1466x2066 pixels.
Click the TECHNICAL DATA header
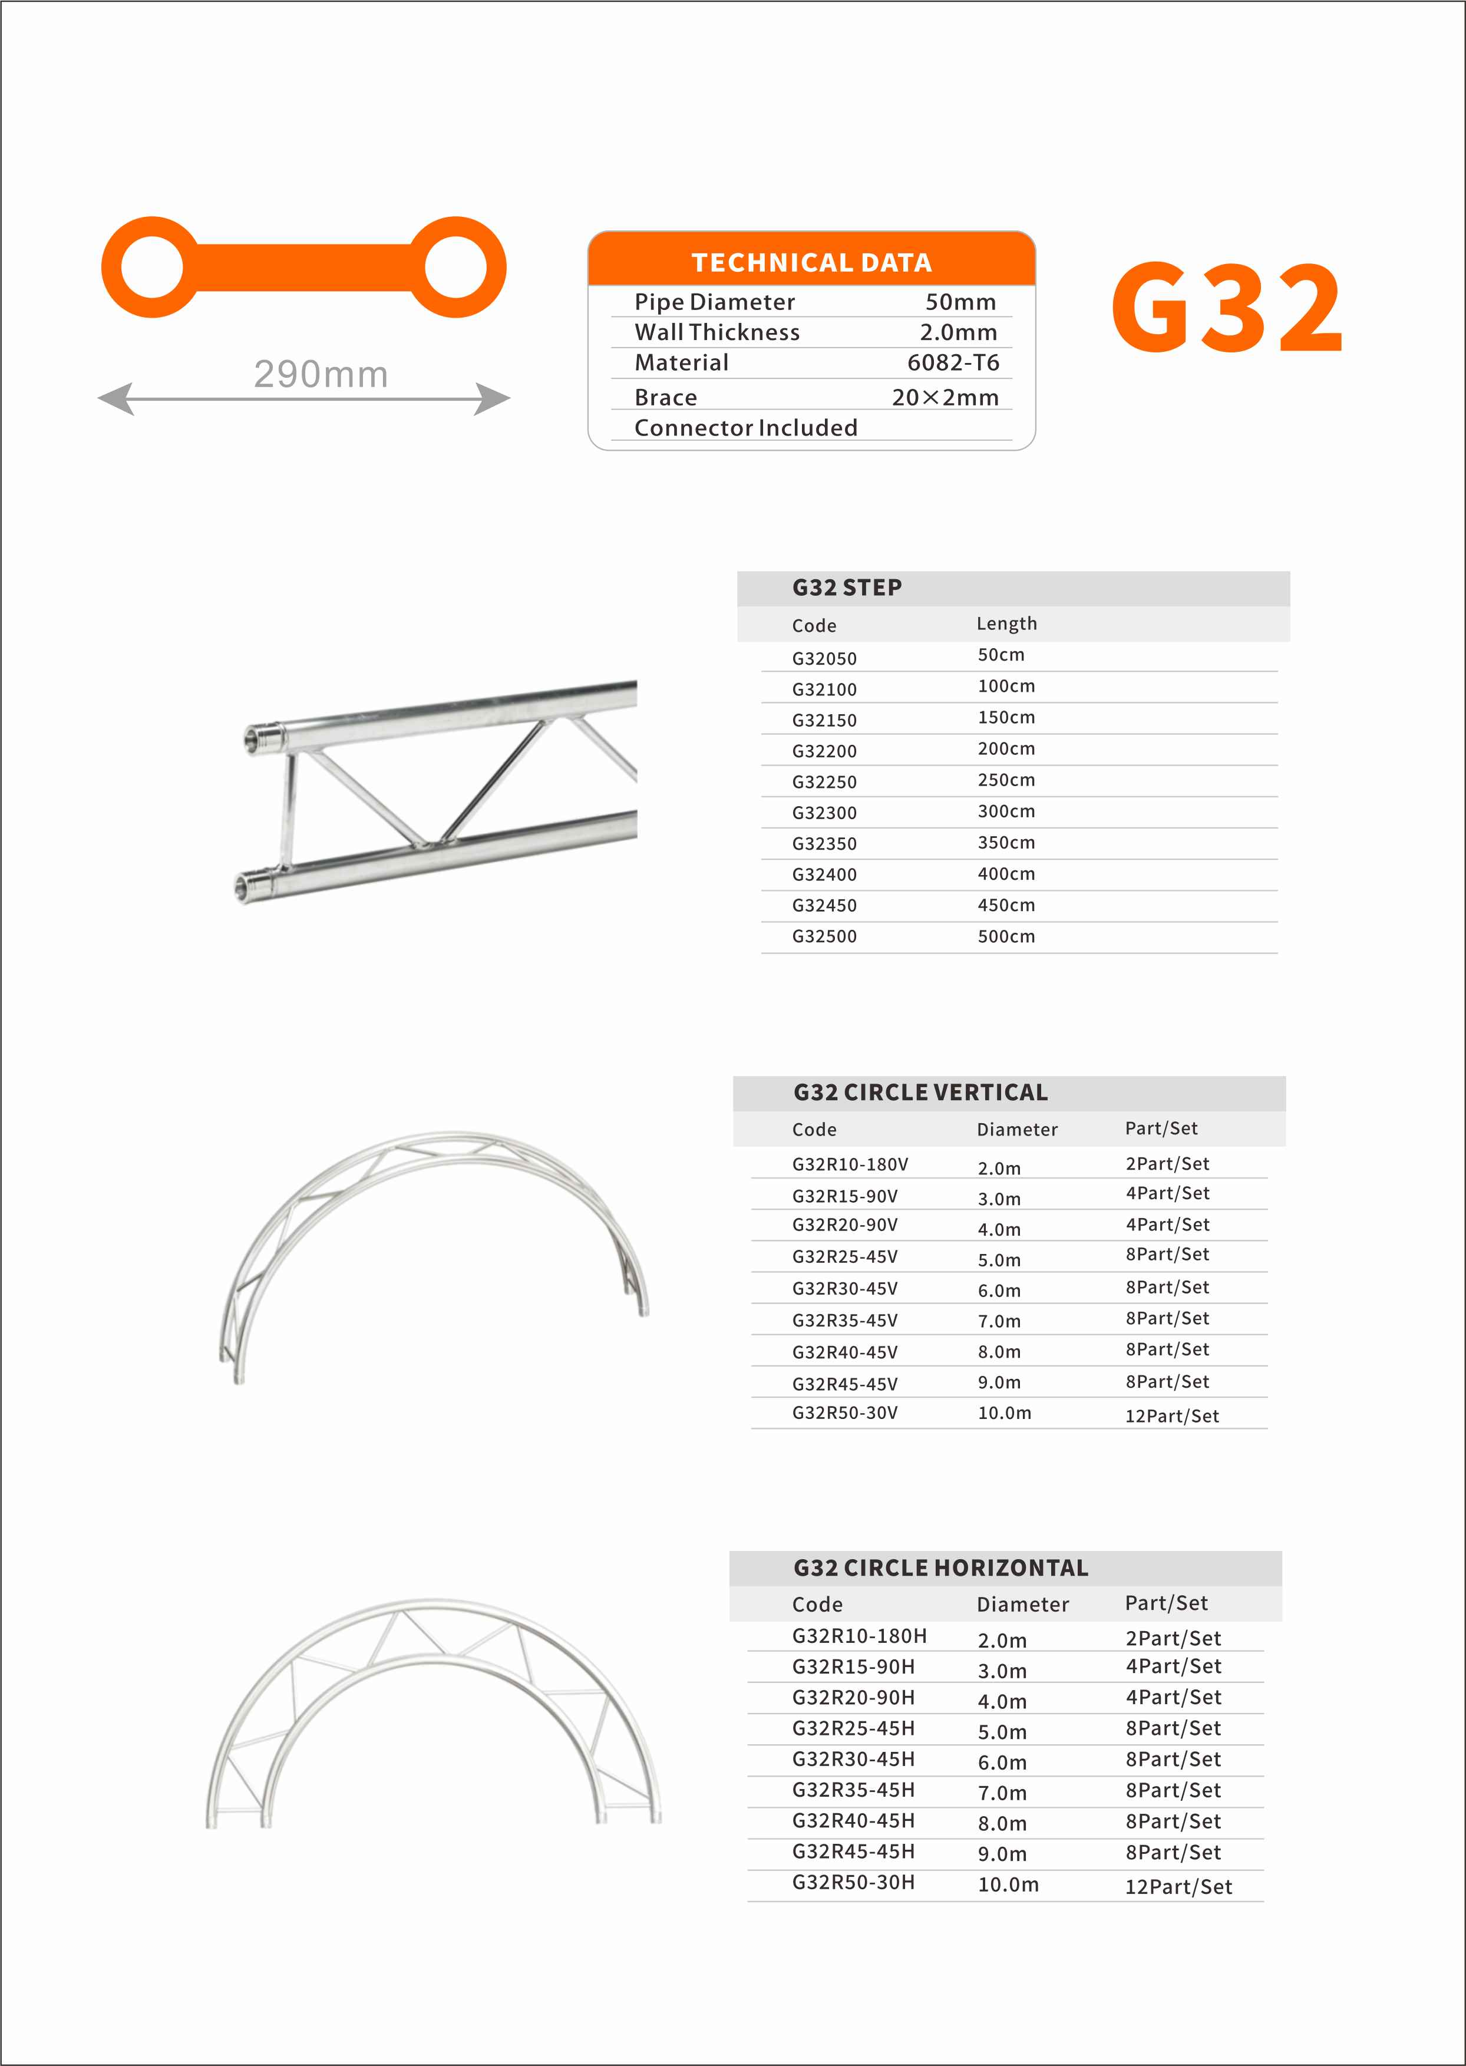(x=811, y=263)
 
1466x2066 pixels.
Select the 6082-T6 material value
(x=953, y=363)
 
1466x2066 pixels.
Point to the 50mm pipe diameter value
(x=960, y=302)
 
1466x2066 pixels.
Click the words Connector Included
(x=745, y=428)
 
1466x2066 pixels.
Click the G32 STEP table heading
(x=847, y=588)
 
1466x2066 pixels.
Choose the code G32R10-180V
(x=850, y=1165)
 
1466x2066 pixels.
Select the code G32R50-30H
(x=853, y=1883)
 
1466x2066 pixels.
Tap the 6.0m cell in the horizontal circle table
(x=1002, y=1763)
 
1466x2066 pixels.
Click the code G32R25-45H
(x=853, y=1728)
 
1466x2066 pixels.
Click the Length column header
(x=1006, y=623)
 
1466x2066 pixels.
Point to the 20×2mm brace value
(x=945, y=398)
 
